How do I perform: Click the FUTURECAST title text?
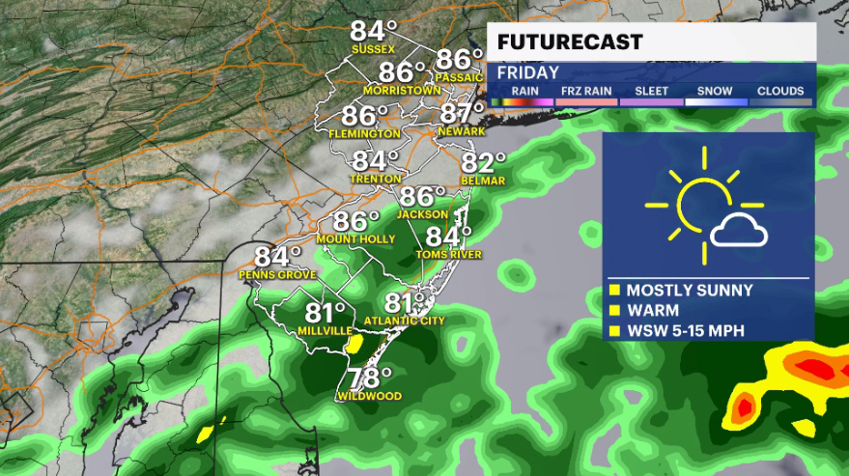570,42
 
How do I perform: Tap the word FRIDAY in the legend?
528,72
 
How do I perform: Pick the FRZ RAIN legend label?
588,92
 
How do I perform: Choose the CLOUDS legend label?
780,92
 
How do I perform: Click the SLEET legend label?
652,92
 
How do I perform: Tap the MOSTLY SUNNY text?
689,290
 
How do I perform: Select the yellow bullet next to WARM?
613,311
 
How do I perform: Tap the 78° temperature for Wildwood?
370,376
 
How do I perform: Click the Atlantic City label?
406,320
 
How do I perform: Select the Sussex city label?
374,49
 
